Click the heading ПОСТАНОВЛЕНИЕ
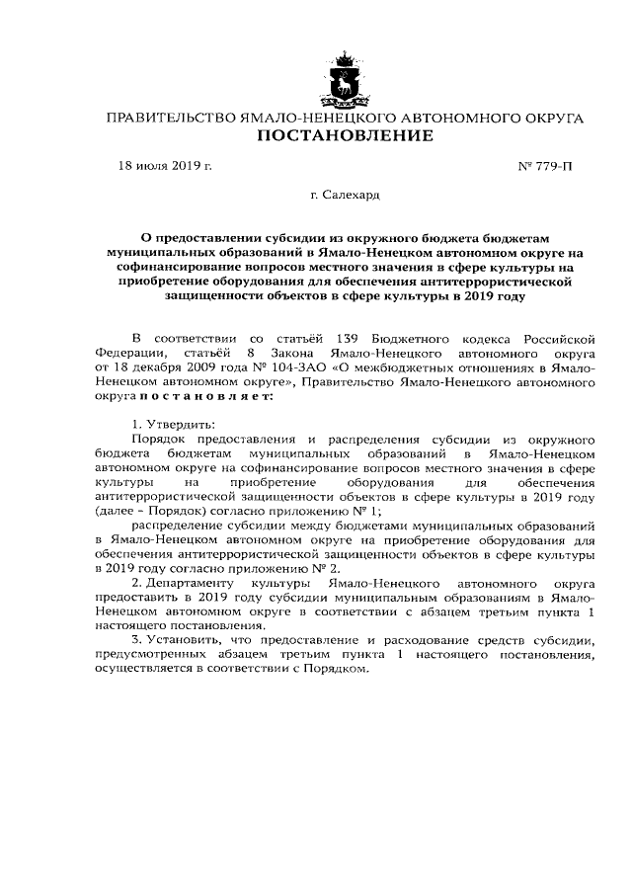point(345,136)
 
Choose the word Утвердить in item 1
point(182,423)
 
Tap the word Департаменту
point(191,584)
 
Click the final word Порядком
point(339,669)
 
